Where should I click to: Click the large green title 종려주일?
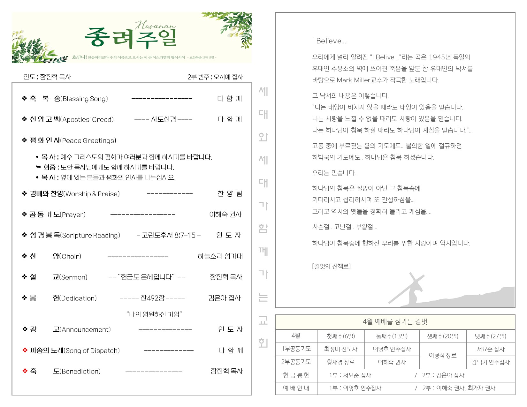click(x=131, y=38)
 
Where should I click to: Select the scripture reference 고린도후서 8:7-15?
click(x=168, y=236)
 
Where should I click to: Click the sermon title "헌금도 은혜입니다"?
click(x=147, y=277)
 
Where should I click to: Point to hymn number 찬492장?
click(x=152, y=298)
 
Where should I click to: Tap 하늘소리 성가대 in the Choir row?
click(x=220, y=256)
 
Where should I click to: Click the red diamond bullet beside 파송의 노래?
click(x=25, y=350)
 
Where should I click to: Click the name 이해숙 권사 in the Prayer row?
click(x=225, y=215)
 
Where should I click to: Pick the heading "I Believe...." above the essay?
click(x=330, y=41)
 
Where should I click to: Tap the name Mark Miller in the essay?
click(x=353, y=80)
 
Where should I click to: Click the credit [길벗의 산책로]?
click(x=331, y=266)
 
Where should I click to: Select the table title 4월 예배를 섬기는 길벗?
click(x=395, y=322)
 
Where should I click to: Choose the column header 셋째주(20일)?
click(x=442, y=336)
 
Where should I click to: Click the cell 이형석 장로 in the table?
click(x=442, y=355)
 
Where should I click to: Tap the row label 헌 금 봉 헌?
click(x=296, y=375)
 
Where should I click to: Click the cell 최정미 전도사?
click(x=340, y=349)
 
